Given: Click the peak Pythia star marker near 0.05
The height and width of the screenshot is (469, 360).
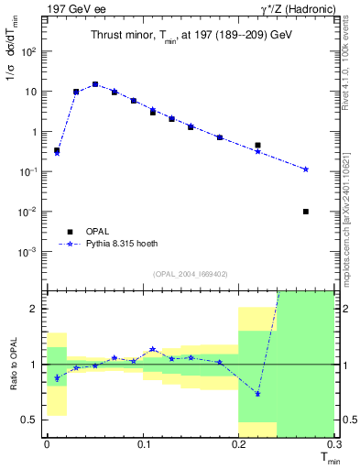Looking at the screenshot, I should (x=95, y=84).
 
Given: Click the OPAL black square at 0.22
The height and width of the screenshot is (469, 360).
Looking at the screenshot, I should (x=258, y=145).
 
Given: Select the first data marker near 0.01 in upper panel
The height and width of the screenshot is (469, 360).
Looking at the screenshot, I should (x=57, y=150).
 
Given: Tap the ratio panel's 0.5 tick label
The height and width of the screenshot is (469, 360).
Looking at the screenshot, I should (x=32, y=420).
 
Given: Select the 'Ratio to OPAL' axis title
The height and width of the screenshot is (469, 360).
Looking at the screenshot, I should (x=12, y=365).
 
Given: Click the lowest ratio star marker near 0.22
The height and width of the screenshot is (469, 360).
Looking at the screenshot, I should (x=258, y=394).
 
